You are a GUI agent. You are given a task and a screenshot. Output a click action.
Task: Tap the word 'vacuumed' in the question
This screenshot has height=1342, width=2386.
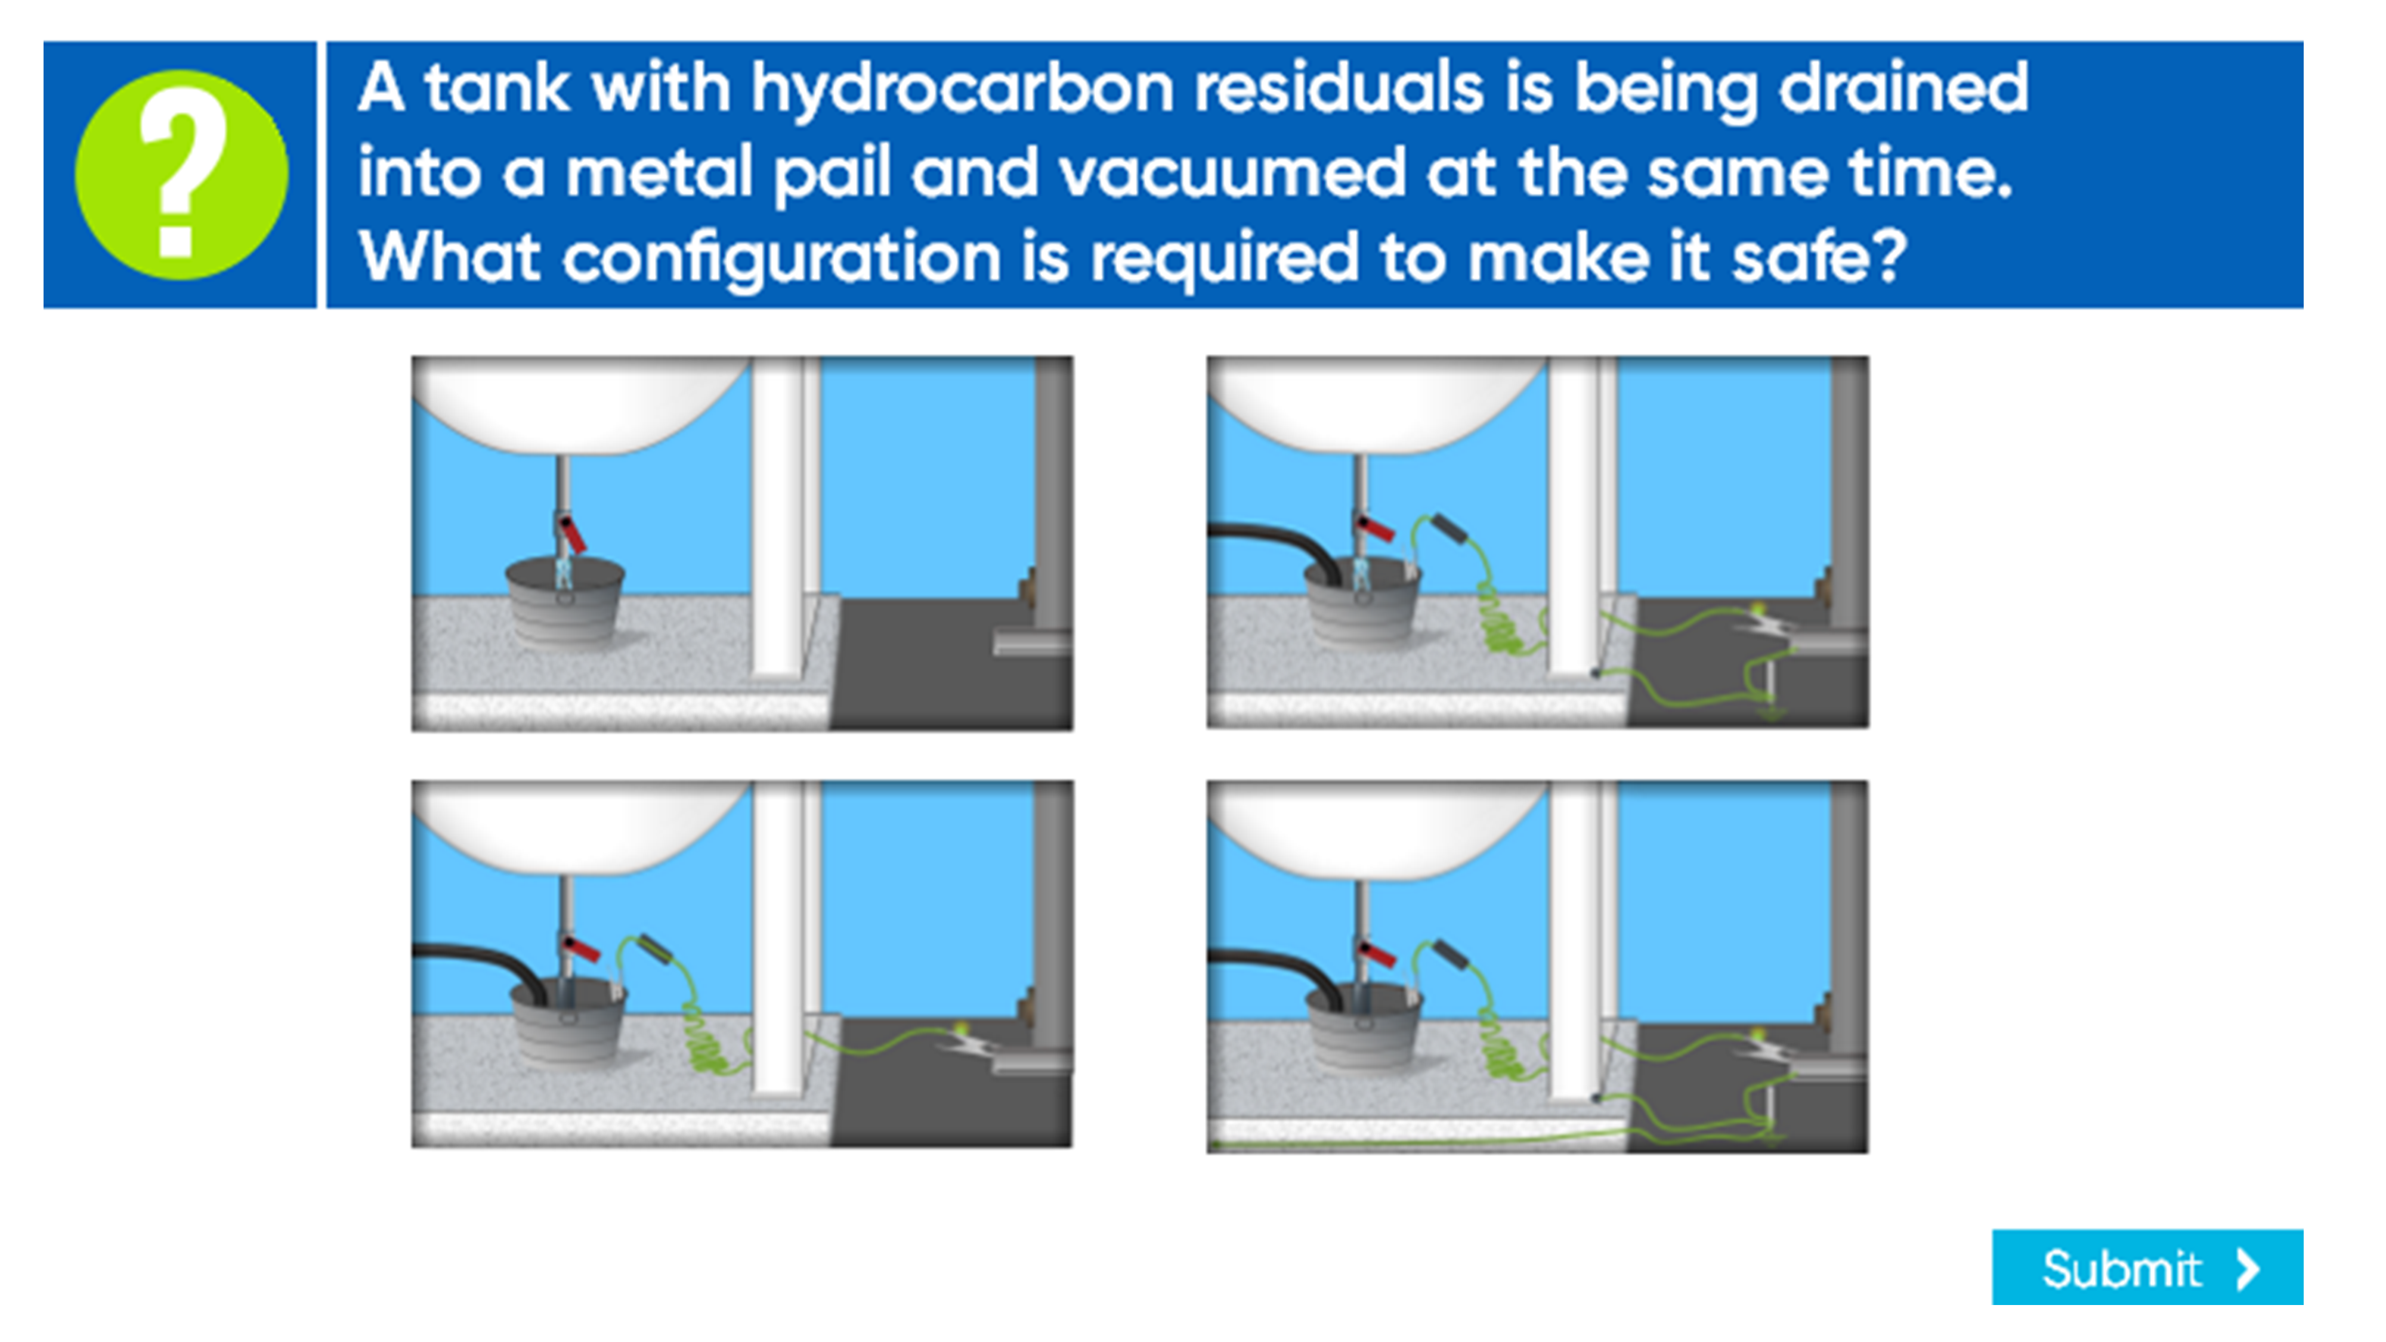(1232, 172)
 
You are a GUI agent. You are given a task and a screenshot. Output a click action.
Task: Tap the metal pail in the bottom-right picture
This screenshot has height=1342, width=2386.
(1364, 1026)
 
